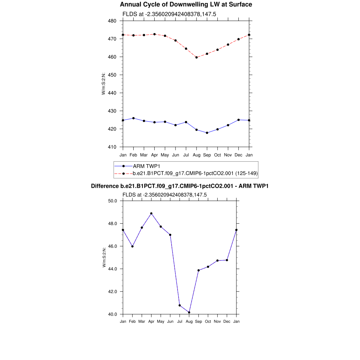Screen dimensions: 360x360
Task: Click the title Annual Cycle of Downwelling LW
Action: [x=186, y=5]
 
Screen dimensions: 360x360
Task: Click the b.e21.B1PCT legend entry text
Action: [x=195, y=173]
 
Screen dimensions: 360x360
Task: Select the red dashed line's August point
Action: [x=197, y=57]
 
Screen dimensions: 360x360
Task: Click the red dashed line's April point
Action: [x=155, y=34]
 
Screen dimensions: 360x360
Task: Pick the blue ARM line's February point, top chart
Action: [x=133, y=118]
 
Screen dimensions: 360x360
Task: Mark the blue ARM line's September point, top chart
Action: [x=207, y=133]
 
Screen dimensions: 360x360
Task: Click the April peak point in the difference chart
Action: [x=151, y=213]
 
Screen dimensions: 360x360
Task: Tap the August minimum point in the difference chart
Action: [x=189, y=312]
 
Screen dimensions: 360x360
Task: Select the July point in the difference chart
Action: [x=180, y=305]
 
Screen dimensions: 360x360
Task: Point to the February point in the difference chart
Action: [x=132, y=246]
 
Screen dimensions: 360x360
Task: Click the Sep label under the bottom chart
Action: [x=199, y=321]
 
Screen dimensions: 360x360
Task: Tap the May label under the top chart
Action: [x=165, y=155]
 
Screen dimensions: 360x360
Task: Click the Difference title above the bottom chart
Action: [x=180, y=186]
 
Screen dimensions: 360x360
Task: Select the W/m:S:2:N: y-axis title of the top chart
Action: [x=104, y=84]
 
